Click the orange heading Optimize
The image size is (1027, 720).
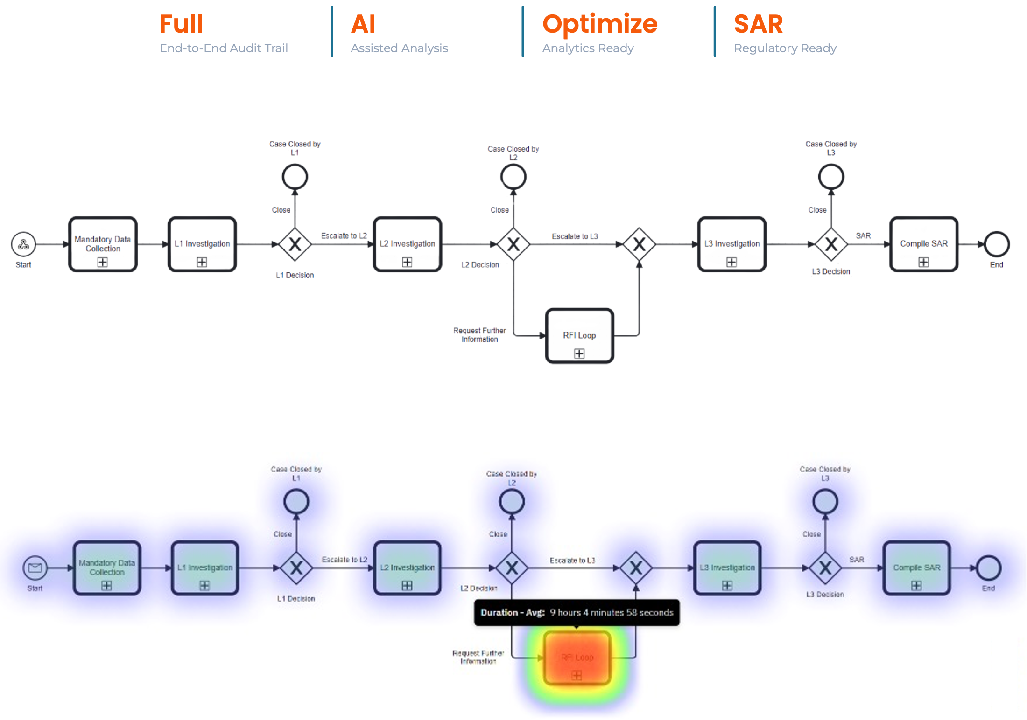[x=600, y=24]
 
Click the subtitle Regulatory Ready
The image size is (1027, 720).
[x=785, y=48]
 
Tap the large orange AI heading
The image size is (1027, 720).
[x=363, y=24]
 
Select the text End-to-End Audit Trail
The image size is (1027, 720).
[x=224, y=48]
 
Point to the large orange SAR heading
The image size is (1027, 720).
[x=758, y=24]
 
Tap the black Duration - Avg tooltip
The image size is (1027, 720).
[x=577, y=612]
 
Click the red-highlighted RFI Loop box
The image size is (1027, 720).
[x=577, y=658]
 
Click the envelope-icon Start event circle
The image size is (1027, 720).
[x=35, y=568]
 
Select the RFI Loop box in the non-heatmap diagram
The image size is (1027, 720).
[x=579, y=336]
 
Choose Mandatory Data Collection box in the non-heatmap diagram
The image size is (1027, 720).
[x=103, y=244]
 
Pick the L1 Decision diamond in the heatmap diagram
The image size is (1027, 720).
[x=296, y=568]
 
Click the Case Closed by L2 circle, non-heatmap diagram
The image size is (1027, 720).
[x=513, y=177]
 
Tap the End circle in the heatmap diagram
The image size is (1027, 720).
[x=989, y=568]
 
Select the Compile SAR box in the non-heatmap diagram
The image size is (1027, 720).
[x=924, y=244]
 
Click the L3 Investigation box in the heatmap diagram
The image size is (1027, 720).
[x=727, y=568]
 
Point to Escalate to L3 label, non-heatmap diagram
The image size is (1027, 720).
[x=575, y=236]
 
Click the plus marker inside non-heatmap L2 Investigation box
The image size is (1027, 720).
[x=407, y=262]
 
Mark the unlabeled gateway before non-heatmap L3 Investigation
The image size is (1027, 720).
[x=639, y=244]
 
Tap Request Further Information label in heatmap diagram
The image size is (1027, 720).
[x=478, y=657]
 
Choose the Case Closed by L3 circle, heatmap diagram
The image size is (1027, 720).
[x=825, y=502]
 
